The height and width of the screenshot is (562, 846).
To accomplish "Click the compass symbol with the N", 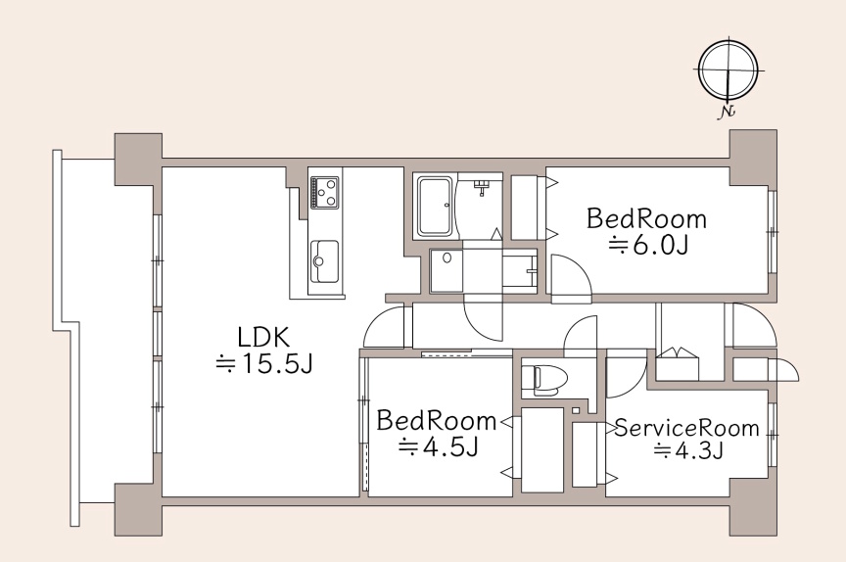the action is [728, 71].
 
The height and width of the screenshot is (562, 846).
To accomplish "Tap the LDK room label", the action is [263, 337].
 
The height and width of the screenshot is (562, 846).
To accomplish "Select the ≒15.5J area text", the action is [263, 364].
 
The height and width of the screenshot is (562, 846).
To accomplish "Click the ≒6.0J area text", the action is [648, 246].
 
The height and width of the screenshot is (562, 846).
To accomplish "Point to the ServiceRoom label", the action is [686, 428].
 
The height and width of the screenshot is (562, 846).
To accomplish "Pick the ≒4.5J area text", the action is [438, 447].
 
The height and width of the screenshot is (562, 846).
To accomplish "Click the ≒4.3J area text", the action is [688, 449].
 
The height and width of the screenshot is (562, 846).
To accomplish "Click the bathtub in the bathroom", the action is [436, 206].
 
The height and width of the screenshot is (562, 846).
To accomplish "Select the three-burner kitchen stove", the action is [324, 192].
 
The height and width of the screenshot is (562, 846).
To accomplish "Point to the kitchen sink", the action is [324, 261].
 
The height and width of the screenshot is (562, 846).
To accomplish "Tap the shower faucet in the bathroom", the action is [482, 187].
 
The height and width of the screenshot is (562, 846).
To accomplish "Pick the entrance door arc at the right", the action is [753, 324].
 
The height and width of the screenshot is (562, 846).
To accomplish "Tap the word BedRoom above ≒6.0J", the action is [646, 219].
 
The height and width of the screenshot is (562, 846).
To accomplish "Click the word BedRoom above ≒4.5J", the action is [436, 421].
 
